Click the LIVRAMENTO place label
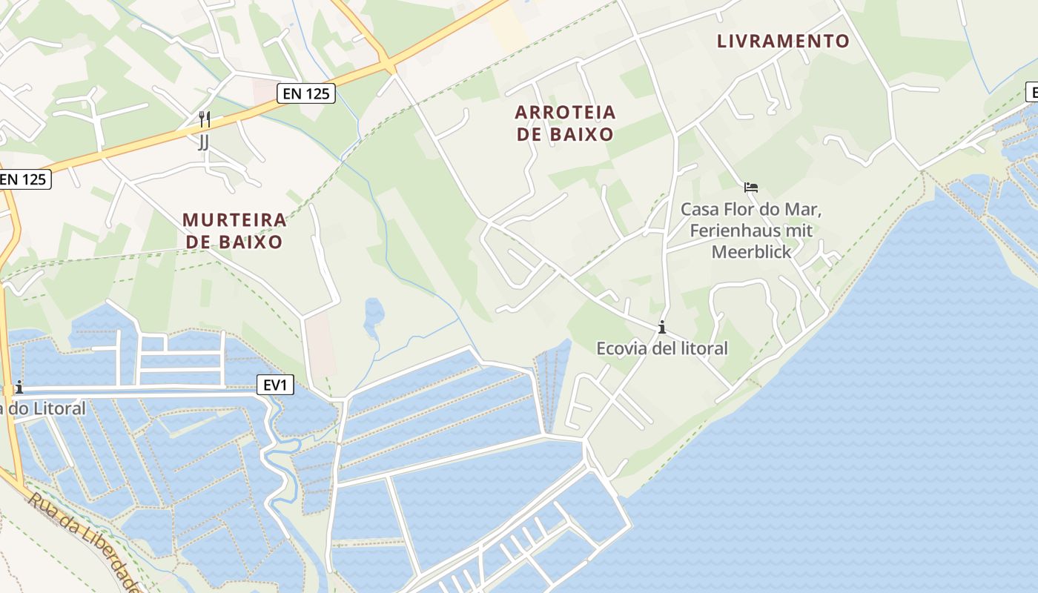[782, 42]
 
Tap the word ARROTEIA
[565, 113]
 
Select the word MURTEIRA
[234, 220]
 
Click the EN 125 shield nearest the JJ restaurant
[306, 93]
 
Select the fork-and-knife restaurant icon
[204, 119]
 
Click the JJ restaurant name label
[203, 142]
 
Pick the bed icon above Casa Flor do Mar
[751, 188]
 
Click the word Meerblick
[751, 252]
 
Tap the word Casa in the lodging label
[698, 209]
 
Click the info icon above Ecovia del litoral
[661, 327]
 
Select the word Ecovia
[623, 348]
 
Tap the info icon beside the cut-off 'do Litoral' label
[19, 387]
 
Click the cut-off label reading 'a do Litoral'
[43, 408]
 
